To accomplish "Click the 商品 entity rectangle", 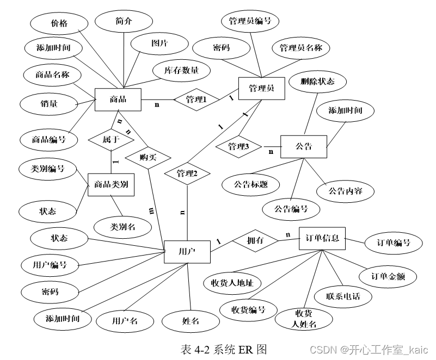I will tap(118, 100).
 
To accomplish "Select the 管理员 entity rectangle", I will tap(261, 89).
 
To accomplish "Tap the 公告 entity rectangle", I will tap(303, 146).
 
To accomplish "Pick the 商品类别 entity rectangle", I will tap(111, 184).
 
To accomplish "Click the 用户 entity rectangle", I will tap(187, 252).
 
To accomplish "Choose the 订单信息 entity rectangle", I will tap(322, 238).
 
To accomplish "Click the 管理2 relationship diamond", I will tap(187, 173).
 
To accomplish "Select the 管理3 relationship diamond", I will tap(238, 147).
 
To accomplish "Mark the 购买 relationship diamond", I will tap(148, 158).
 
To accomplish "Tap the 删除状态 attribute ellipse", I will tap(317, 82).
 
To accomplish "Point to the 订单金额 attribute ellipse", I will tap(388, 276).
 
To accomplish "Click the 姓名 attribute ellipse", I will tap(191, 321).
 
